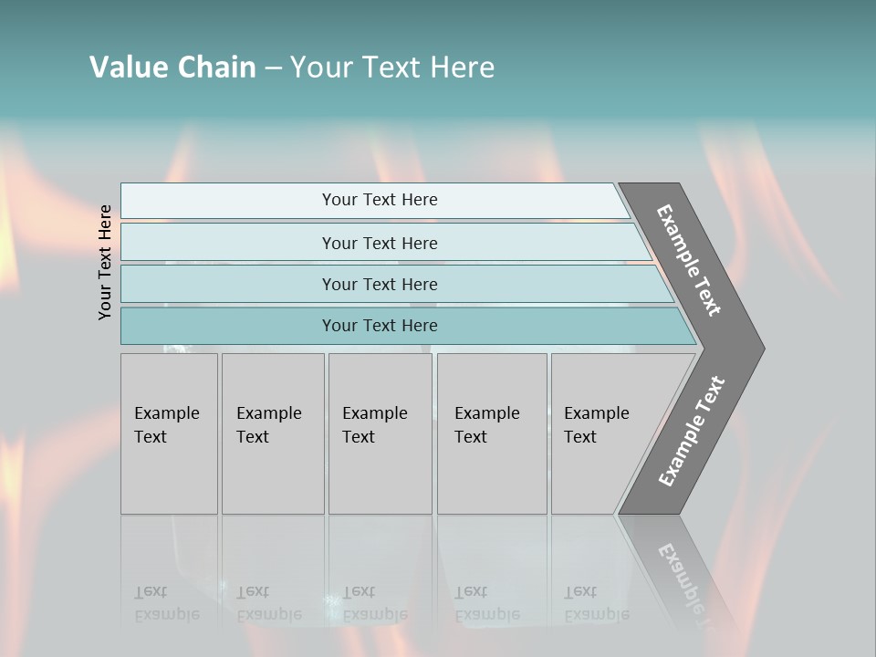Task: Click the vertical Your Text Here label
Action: pos(105,262)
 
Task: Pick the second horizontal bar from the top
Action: pos(379,243)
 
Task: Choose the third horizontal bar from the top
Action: pos(379,284)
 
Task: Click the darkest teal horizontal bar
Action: pos(379,326)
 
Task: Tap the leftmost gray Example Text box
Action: pos(169,433)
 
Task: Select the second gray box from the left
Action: pos(273,433)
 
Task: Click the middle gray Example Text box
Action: pos(380,433)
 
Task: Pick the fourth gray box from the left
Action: pos(492,433)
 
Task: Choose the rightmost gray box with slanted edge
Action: pos(602,433)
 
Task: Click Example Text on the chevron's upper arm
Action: pos(689,260)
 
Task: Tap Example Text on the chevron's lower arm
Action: pos(692,432)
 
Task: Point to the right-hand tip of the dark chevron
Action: pos(762,348)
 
